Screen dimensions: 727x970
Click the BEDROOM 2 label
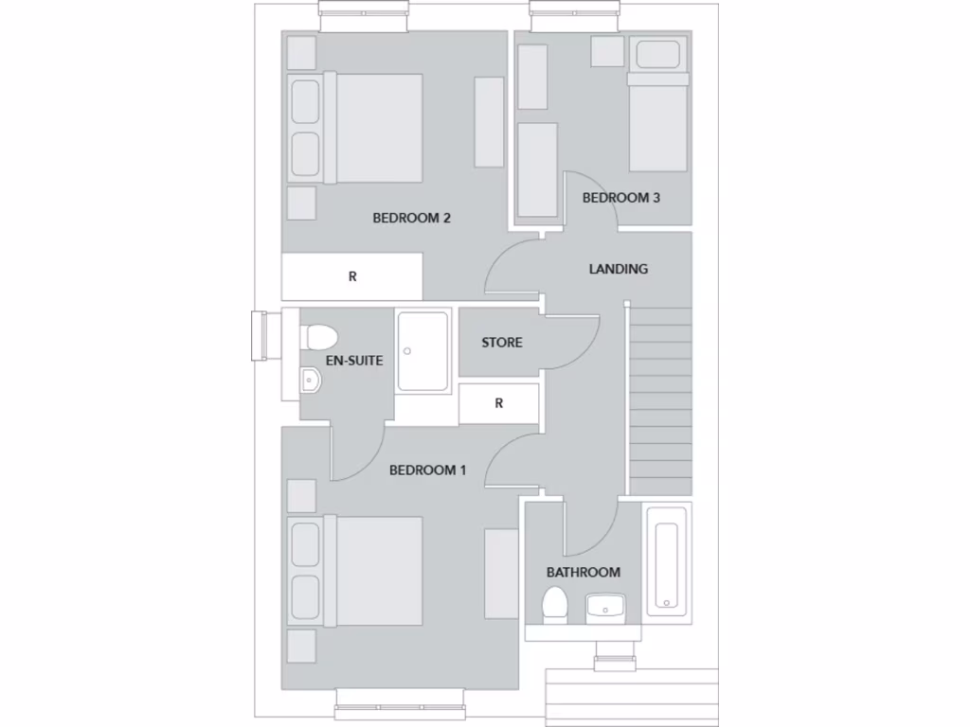pyautogui.click(x=411, y=218)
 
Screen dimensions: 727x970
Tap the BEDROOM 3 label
pyautogui.click(x=620, y=198)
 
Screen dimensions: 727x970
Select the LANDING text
pyautogui.click(x=618, y=269)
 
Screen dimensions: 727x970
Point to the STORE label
pyautogui.click(x=501, y=343)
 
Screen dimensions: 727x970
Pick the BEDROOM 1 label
pyautogui.click(x=427, y=470)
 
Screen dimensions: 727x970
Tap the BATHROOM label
pyautogui.click(x=583, y=572)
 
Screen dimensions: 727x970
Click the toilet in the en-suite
pyautogui.click(x=319, y=337)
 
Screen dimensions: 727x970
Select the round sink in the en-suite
pyautogui.click(x=311, y=381)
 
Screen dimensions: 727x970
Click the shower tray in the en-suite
pyautogui.click(x=422, y=351)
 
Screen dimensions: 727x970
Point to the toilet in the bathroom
pyautogui.click(x=554, y=605)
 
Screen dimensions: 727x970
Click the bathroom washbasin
pyautogui.click(x=603, y=607)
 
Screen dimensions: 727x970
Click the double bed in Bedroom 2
pyautogui.click(x=373, y=128)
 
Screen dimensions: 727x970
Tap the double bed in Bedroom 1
pyautogui.click(x=373, y=571)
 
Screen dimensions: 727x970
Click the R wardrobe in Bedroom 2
pyautogui.click(x=352, y=277)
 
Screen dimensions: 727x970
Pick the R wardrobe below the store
pyautogui.click(x=499, y=403)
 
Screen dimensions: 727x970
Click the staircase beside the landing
pyautogui.click(x=660, y=398)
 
